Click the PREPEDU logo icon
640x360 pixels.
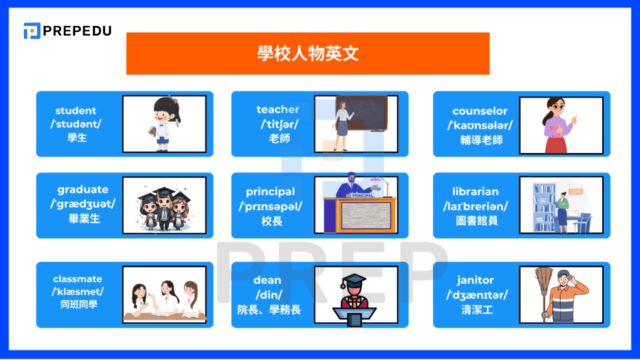[32, 31]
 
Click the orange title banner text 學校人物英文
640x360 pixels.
[308, 54]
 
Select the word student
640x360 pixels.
[76, 111]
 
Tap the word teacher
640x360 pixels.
[278, 110]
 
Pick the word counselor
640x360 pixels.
[480, 111]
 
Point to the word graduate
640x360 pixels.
[83, 190]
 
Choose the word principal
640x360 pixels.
[270, 192]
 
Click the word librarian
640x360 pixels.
[475, 192]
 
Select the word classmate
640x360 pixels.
[78, 279]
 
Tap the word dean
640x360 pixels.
[267, 280]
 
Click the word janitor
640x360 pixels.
[475, 280]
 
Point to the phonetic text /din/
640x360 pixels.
[269, 295]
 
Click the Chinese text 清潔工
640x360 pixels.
[477, 310]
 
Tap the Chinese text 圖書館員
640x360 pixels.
[477, 220]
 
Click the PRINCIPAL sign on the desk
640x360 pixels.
[362, 196]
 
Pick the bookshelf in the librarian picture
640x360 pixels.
[543, 208]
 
